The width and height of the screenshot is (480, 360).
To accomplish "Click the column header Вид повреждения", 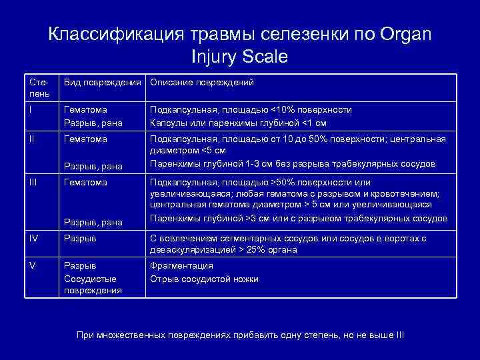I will click(x=103, y=83).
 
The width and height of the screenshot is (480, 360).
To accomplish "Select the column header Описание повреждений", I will click(x=202, y=83).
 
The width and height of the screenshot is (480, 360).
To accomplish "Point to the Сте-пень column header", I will click(x=39, y=88).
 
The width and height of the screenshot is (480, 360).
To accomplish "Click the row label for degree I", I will click(x=31, y=109).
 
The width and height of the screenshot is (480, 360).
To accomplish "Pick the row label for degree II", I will click(x=32, y=139).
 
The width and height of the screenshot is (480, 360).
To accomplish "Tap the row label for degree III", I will click(x=33, y=182).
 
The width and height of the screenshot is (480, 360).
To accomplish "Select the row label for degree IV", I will click(x=34, y=238).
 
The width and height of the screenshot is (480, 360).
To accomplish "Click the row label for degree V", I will click(x=32, y=266).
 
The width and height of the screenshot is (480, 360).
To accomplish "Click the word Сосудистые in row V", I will click(x=90, y=279).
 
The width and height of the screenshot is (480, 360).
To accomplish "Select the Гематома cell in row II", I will click(x=85, y=139).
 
